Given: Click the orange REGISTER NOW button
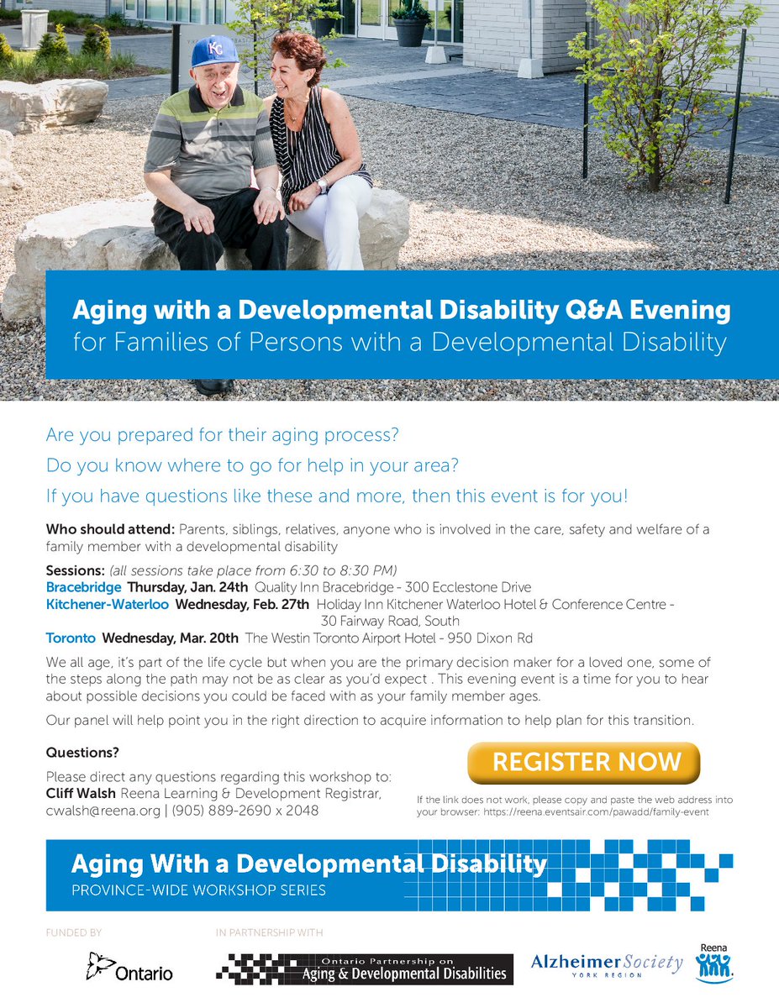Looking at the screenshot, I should point(583,762).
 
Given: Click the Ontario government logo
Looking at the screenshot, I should point(129,968).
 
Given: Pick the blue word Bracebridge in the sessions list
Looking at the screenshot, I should point(83,586).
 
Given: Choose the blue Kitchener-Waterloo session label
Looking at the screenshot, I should point(107,604).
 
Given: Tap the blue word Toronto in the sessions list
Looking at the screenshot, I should point(71,638).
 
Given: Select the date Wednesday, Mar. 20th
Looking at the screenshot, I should point(171,638).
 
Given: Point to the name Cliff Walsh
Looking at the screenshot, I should point(82,794).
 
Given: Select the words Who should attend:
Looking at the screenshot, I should point(110,530).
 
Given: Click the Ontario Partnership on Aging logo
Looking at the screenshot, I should point(364,969).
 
